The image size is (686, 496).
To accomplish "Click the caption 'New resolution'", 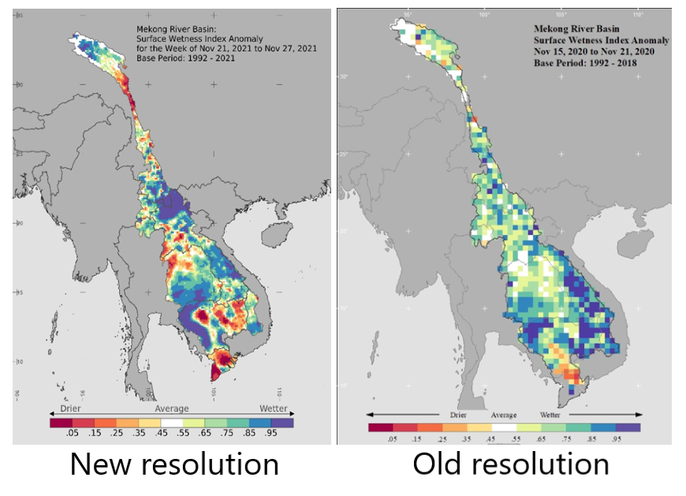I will tap(174, 464).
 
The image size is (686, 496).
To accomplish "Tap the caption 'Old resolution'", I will tap(510, 464).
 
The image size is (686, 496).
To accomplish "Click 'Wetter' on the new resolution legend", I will tap(274, 408).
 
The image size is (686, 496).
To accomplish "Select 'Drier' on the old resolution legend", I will tap(458, 414).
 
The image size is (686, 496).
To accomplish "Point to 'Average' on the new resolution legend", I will tap(171, 408).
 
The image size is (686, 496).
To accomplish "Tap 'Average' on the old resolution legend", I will tap(504, 414).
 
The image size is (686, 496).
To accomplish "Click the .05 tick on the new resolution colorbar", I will tap(72, 434).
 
